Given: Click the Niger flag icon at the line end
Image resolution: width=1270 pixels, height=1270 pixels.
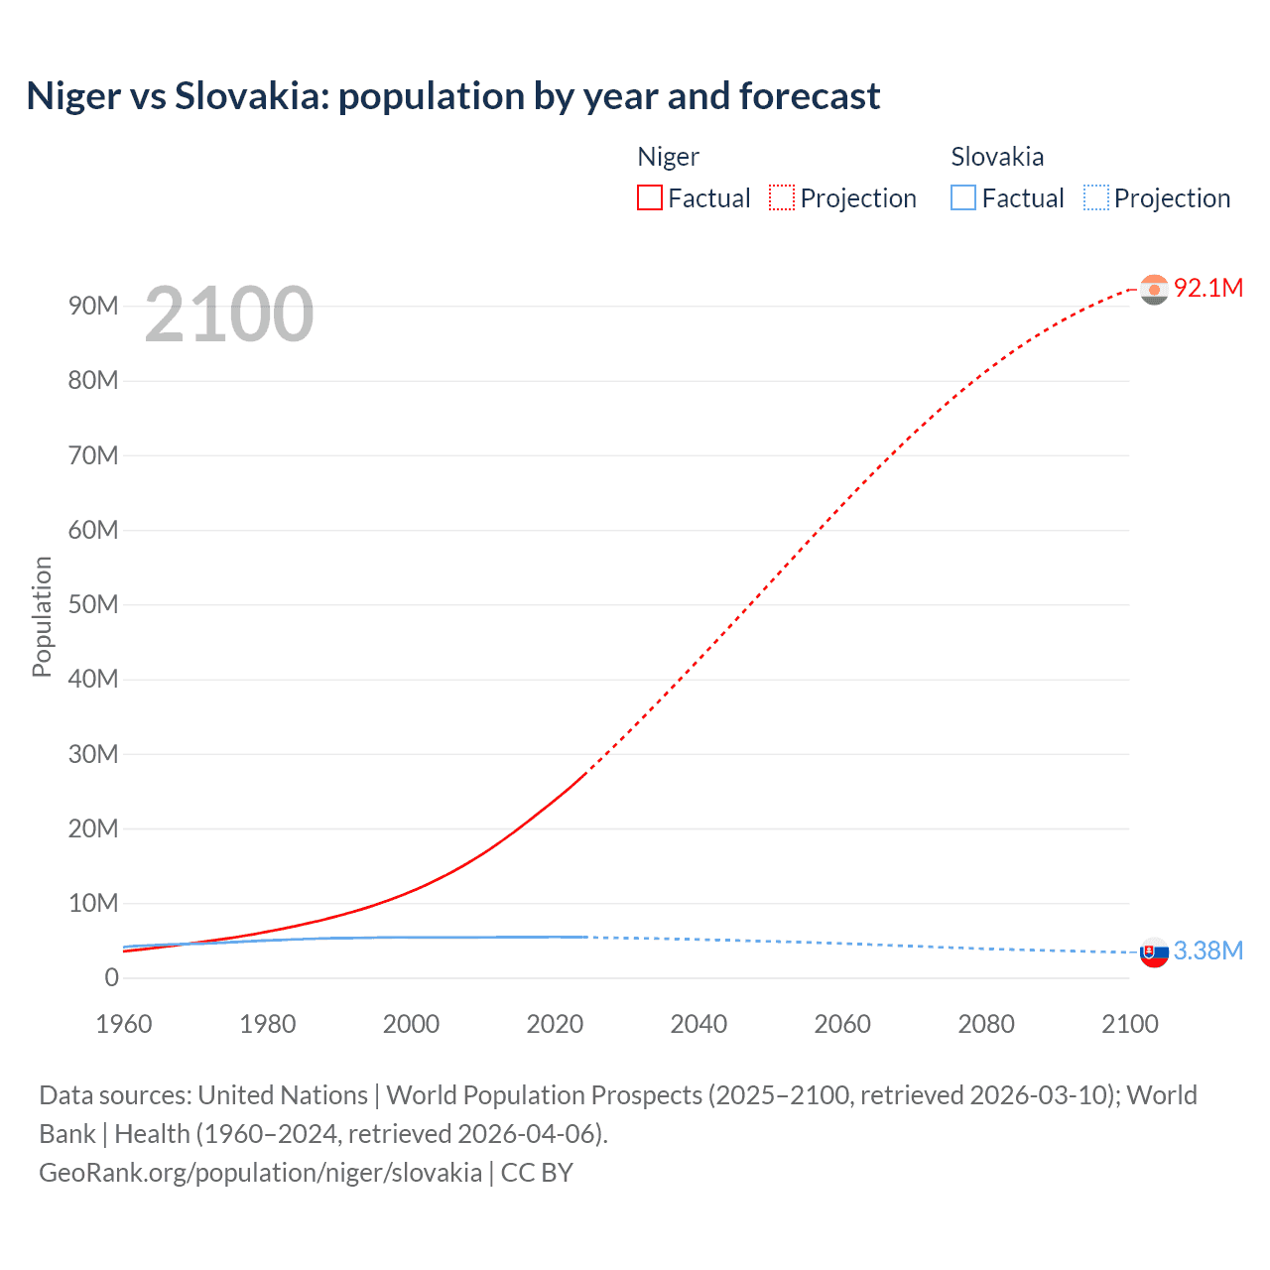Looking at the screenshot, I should click(x=1154, y=289).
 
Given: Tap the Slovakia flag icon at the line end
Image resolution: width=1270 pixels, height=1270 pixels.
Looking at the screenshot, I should click(x=1154, y=952).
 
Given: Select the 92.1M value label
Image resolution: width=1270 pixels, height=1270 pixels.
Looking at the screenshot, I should click(x=1207, y=288).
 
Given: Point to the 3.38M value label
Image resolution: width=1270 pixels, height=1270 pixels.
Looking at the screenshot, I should click(x=1207, y=951).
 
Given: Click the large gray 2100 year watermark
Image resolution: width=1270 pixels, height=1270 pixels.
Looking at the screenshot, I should click(x=229, y=315).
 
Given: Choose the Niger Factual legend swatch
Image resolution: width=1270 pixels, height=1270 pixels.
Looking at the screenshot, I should click(x=650, y=197).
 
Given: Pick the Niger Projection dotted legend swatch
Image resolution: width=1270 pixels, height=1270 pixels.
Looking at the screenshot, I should click(x=782, y=197).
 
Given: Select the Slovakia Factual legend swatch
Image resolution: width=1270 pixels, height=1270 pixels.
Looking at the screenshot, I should click(x=963, y=197).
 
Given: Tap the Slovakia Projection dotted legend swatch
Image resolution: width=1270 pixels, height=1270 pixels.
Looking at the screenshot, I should click(x=1095, y=197).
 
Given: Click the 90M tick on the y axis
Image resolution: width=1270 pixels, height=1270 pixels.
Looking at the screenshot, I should click(x=93, y=306).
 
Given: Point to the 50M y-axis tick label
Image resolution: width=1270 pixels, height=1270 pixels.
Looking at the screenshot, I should click(x=93, y=604).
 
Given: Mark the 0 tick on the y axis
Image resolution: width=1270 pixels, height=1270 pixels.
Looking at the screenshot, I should click(x=111, y=977).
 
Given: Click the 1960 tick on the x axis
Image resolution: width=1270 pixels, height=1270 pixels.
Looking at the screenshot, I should click(x=124, y=1024).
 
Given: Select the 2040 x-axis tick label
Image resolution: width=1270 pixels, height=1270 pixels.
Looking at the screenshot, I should click(x=698, y=1024).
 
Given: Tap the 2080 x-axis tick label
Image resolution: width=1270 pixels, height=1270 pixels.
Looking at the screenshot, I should click(x=986, y=1024).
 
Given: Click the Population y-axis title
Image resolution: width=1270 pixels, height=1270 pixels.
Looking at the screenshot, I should click(x=42, y=616).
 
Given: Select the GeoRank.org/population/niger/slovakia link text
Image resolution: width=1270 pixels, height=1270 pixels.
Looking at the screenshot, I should click(x=260, y=1172).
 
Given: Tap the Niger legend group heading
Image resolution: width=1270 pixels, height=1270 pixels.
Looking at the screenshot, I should click(x=668, y=157).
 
